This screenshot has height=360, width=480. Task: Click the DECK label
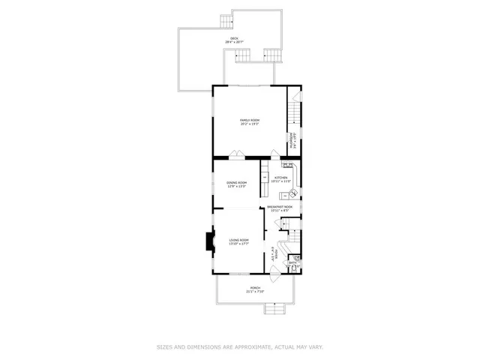[x=234, y=37]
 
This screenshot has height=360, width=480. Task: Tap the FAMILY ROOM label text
[x=249, y=120]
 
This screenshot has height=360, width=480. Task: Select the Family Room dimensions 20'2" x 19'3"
[x=249, y=124]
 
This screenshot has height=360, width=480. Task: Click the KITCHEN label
[x=280, y=178]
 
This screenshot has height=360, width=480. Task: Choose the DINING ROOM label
[x=237, y=182]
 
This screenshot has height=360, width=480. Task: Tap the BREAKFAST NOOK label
[x=278, y=207]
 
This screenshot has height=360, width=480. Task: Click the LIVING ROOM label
[x=239, y=239]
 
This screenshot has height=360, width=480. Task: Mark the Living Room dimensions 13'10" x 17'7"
[x=239, y=244]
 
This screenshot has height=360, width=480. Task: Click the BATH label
[x=292, y=262]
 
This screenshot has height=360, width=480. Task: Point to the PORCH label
[x=256, y=288]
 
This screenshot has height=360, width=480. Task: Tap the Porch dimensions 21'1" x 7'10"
[x=256, y=292]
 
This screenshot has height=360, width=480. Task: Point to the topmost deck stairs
[x=226, y=20]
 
